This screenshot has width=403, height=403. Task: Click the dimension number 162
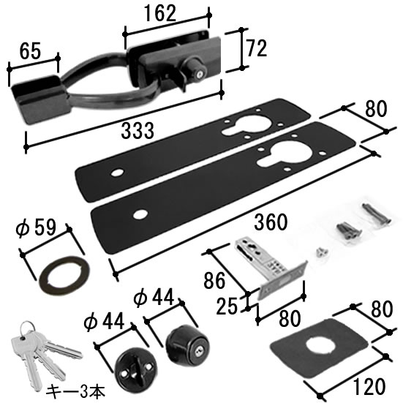pyautogui.click(x=160, y=13)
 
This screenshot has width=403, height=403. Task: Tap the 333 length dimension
pyautogui.click(x=138, y=131)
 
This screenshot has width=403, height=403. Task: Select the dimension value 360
pyautogui.click(x=271, y=222)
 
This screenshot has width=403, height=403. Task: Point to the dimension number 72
pyautogui.click(x=257, y=48)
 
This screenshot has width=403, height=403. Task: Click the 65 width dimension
pyautogui.click(x=30, y=50)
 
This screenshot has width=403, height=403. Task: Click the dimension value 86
pyautogui.click(x=214, y=281)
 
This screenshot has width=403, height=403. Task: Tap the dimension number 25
pyautogui.click(x=227, y=306)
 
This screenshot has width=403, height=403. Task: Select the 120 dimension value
pyautogui.click(x=369, y=386)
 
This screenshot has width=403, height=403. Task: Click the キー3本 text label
pyautogui.click(x=75, y=391)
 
